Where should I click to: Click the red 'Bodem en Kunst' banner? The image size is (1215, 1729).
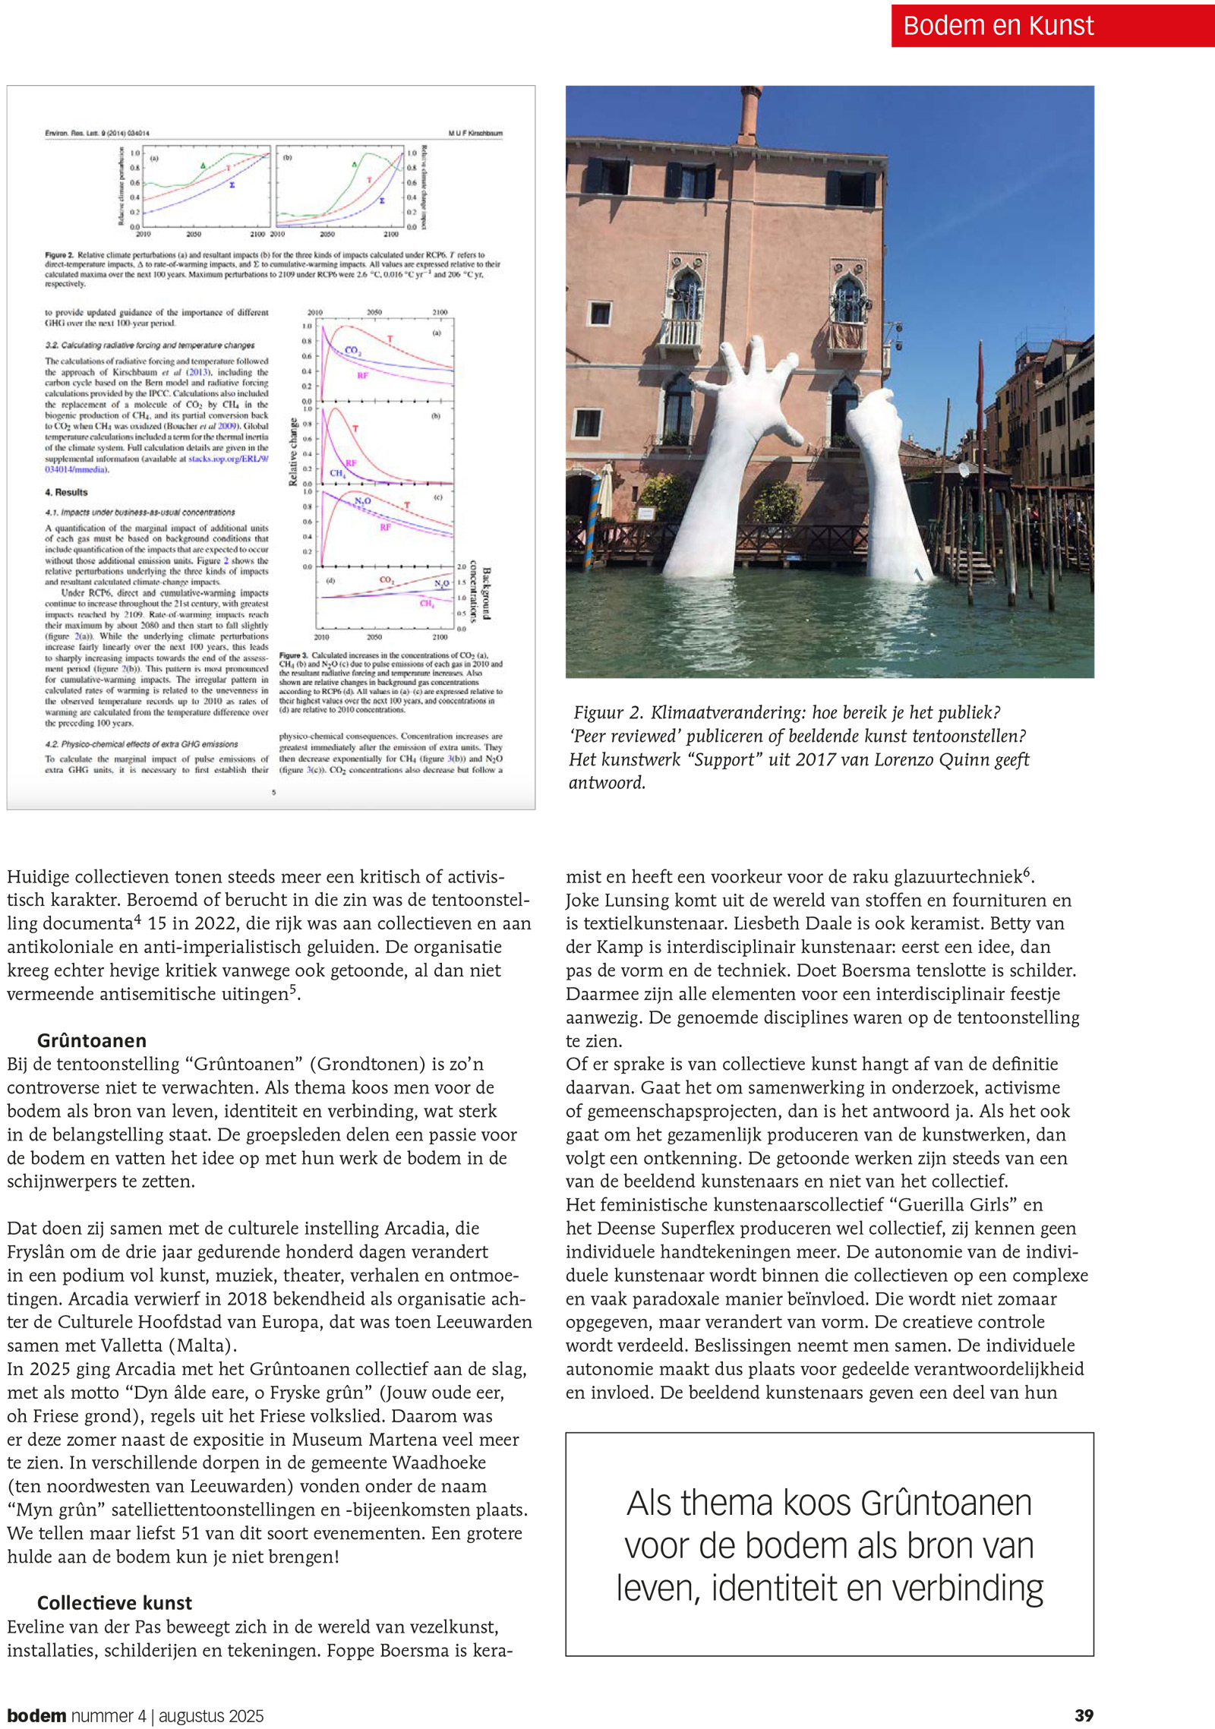coord(1052,26)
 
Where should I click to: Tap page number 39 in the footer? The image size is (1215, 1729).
coord(1084,1715)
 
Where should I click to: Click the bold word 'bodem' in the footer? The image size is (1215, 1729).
coord(36,1715)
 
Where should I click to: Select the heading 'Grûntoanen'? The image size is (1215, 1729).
coord(91,1040)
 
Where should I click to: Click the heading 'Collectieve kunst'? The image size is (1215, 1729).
coord(114,1603)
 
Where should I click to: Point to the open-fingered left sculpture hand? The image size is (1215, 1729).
coord(748,395)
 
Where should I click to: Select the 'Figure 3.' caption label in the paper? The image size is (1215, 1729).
coord(293,655)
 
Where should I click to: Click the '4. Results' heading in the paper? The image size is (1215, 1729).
coord(66,492)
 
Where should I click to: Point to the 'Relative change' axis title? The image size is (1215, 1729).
coord(293,452)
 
